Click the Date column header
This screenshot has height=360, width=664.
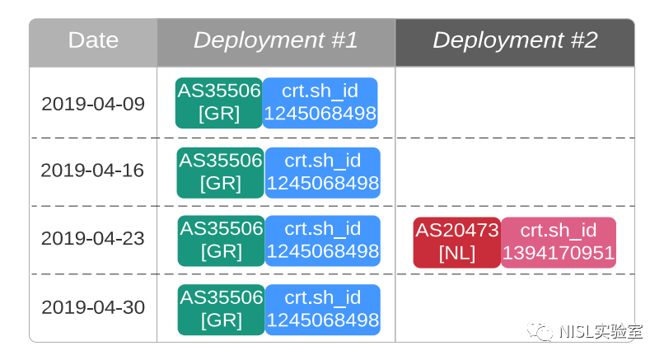(x=93, y=40)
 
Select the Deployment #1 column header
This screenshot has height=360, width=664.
(x=276, y=40)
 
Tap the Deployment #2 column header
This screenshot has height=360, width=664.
(x=515, y=40)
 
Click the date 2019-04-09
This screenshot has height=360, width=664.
(x=93, y=104)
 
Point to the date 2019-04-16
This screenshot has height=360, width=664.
(x=92, y=171)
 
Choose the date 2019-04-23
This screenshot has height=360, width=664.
(x=93, y=238)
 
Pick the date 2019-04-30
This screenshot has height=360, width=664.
(x=93, y=307)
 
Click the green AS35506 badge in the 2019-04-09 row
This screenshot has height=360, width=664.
(x=219, y=103)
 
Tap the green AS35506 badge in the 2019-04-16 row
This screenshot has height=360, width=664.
(x=221, y=173)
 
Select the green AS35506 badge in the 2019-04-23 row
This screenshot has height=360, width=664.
(x=222, y=241)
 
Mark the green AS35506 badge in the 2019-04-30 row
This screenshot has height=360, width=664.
(x=222, y=310)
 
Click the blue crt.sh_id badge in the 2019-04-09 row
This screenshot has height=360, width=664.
(x=320, y=103)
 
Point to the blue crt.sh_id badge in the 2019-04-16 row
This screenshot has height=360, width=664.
(x=323, y=173)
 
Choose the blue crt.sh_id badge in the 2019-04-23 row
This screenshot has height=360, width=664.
(x=323, y=241)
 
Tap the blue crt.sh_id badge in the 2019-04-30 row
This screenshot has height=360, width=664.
(x=323, y=310)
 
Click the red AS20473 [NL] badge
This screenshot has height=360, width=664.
(x=457, y=243)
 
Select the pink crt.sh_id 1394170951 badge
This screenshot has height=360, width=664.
(x=559, y=243)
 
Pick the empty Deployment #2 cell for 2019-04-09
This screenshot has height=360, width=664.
(x=515, y=102)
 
